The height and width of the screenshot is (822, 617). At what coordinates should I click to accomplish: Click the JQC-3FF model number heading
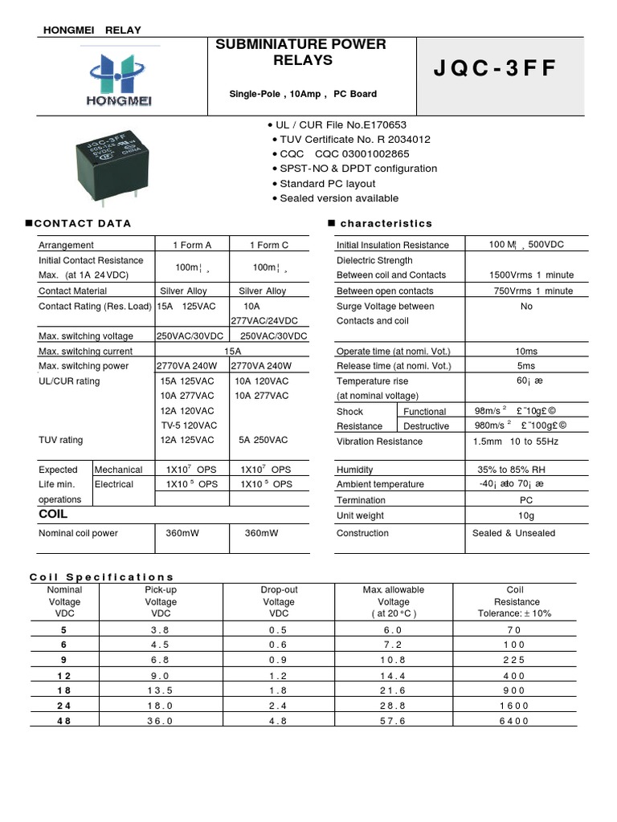coord(494,69)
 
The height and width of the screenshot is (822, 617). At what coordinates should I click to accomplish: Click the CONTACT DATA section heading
coord(84,223)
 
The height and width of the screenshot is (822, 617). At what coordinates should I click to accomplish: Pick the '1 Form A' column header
coord(192,245)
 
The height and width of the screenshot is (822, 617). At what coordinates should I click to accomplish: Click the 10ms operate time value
coord(526,352)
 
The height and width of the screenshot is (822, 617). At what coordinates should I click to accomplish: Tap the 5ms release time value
coord(526,366)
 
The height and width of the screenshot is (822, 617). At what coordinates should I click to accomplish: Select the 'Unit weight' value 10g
coord(526,515)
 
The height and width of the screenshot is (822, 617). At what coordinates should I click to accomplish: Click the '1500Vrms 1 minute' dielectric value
coord(531,275)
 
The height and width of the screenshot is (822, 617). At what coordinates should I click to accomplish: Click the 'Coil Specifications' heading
coord(102,577)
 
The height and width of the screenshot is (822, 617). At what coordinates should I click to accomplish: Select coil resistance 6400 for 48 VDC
coord(517,721)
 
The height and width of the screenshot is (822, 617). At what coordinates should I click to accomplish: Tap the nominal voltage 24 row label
coord(65,706)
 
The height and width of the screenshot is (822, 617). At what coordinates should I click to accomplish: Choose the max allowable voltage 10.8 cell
coord(393,660)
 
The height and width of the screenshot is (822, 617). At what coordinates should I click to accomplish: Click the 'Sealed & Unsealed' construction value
coord(513,533)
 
